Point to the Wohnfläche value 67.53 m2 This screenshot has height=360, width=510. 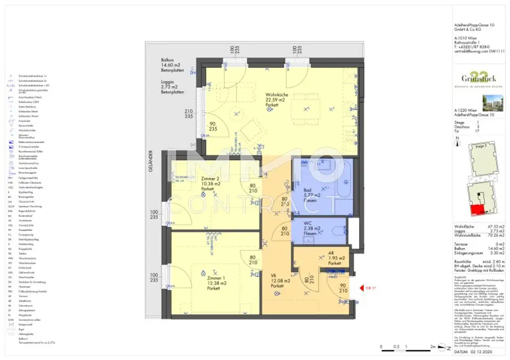click(x=495, y=227)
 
